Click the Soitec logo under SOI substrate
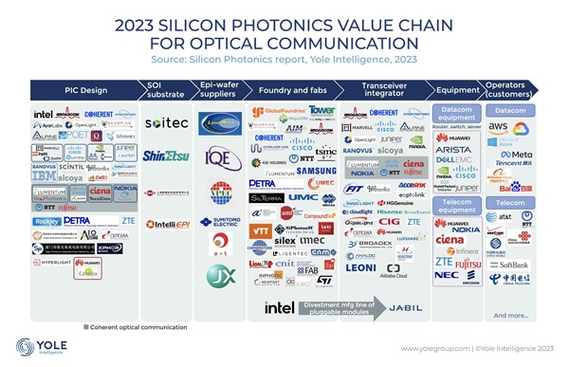[167, 123]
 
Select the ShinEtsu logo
[167, 156]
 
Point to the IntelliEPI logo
[167, 226]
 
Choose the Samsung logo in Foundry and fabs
[315, 171]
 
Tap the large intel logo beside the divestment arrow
[278, 307]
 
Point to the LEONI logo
[360, 267]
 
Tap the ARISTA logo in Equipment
[453, 149]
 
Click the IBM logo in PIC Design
[44, 175]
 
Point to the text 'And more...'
[511, 315]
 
